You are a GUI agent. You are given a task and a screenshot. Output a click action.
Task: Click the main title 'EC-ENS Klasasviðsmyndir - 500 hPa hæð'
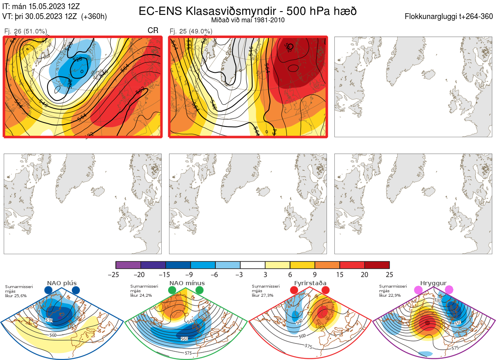248,11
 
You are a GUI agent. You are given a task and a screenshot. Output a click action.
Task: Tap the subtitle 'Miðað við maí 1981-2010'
248,20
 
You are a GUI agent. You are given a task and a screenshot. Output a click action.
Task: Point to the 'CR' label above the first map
153,31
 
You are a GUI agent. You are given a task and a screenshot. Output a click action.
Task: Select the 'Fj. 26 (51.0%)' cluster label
26,31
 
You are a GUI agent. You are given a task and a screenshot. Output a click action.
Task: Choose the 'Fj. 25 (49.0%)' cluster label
191,31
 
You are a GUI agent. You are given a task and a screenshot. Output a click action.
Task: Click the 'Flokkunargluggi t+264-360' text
449,17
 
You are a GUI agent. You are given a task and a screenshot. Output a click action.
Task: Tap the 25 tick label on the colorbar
389,274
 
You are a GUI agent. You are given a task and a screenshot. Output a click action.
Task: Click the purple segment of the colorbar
128,265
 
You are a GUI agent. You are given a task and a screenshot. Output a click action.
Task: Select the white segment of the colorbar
253,265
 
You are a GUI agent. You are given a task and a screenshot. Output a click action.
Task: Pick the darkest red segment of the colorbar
377,265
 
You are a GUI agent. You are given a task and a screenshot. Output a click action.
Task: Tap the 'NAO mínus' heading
187,283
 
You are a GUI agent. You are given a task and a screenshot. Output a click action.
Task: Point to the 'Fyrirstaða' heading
310,283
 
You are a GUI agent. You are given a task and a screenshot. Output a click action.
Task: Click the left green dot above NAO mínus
172,291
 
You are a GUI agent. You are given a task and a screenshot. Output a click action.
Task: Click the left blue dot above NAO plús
48,291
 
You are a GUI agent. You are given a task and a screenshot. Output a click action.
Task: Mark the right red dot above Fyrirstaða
325,291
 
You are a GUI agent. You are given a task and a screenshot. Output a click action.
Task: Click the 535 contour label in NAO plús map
49,320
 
